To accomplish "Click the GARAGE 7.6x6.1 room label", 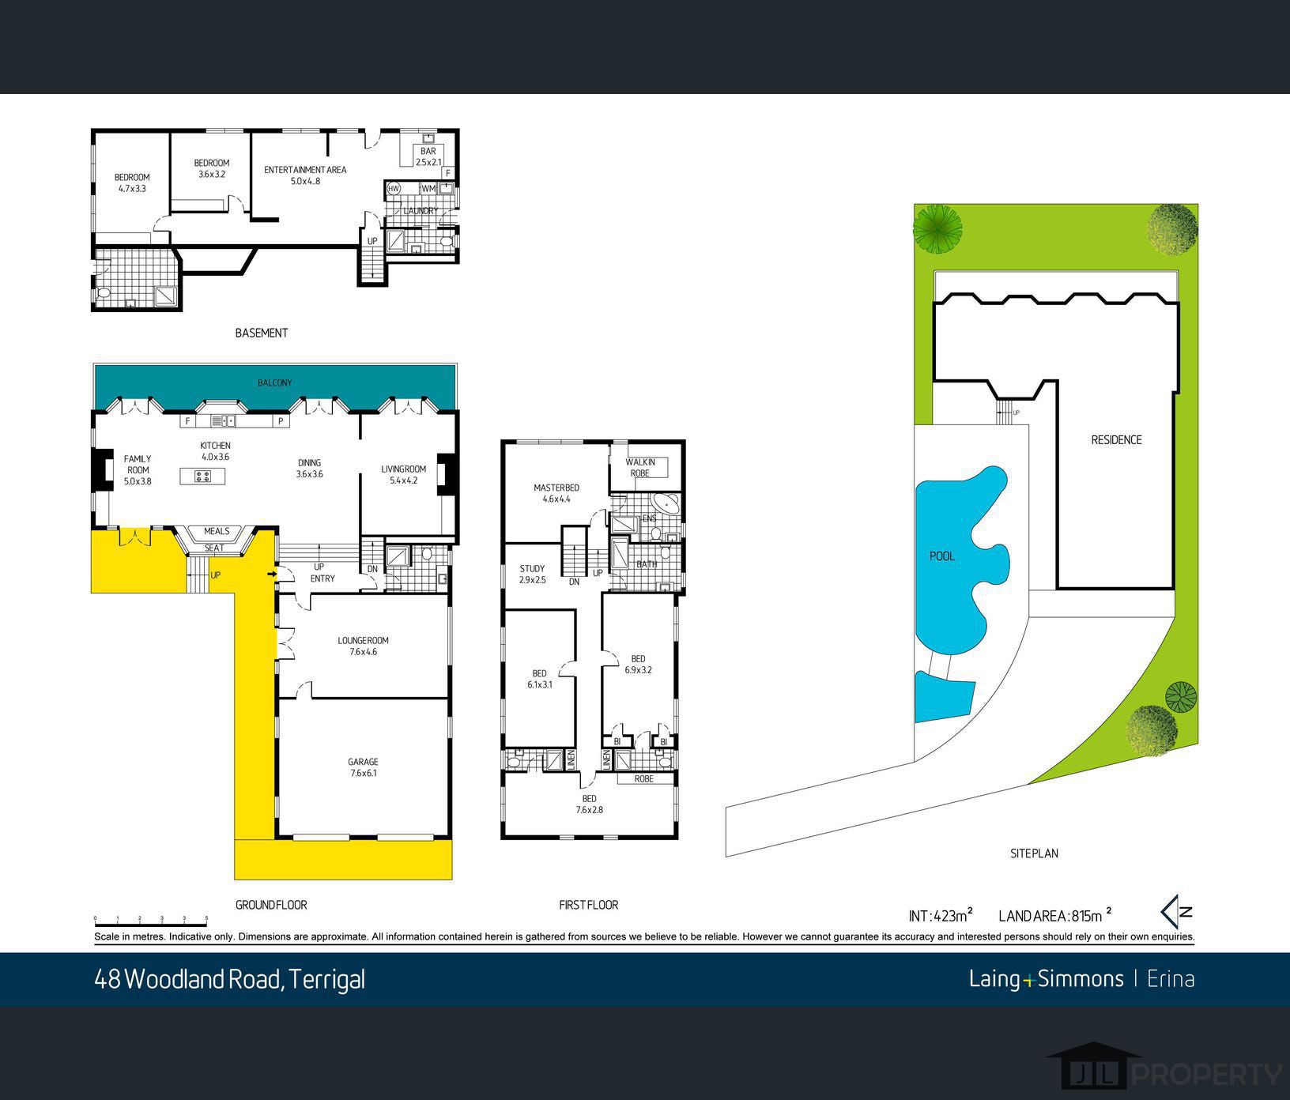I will click(363, 767).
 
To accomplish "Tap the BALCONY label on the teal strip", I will click(274, 382).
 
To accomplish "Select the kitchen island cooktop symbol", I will click(202, 476).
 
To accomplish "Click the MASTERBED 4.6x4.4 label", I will click(556, 493).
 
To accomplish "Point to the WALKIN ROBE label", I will click(640, 467).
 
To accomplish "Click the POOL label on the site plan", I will click(941, 556).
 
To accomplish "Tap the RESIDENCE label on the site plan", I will click(1116, 440).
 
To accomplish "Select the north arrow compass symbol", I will click(1176, 912).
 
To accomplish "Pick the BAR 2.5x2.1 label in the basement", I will click(428, 156).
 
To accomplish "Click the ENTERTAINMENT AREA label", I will click(305, 175).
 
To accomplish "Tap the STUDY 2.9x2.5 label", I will click(532, 574).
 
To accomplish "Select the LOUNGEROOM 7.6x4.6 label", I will click(363, 646).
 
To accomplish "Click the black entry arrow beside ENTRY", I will click(273, 574).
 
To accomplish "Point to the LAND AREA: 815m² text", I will click(1054, 916).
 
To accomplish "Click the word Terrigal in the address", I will click(326, 979).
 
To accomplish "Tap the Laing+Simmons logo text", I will click(1045, 979).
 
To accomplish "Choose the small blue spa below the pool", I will click(941, 696).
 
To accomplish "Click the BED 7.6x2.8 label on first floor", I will click(589, 804).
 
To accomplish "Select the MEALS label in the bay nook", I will click(217, 531).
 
